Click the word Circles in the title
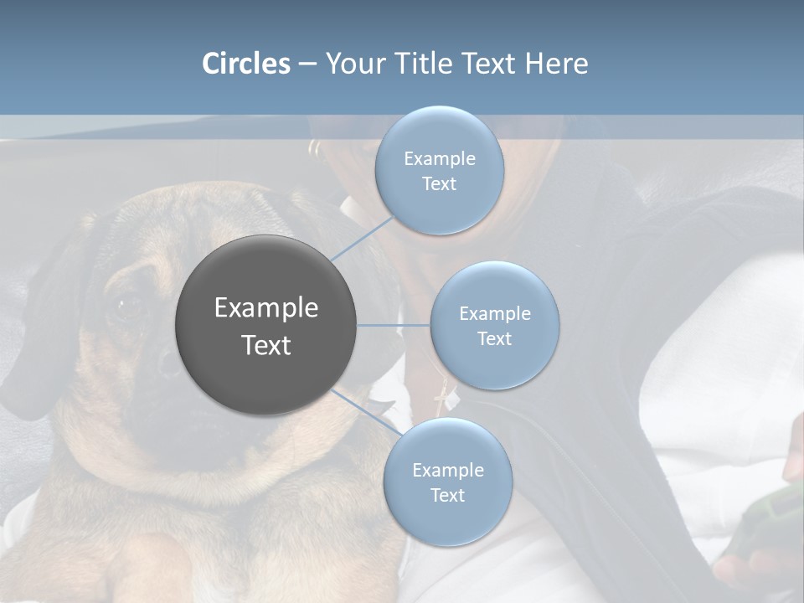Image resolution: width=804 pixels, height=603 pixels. point(246,64)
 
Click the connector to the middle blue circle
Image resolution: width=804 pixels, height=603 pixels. point(394,325)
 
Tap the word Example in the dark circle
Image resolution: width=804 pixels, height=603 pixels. point(265,308)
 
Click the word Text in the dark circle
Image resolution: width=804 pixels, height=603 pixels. point(265,345)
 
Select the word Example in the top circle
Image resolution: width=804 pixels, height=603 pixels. point(439,159)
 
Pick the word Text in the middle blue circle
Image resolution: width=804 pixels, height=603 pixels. point(494,339)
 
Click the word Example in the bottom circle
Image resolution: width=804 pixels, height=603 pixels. point(447,471)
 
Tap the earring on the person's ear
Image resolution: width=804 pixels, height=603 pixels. point(314,149)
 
